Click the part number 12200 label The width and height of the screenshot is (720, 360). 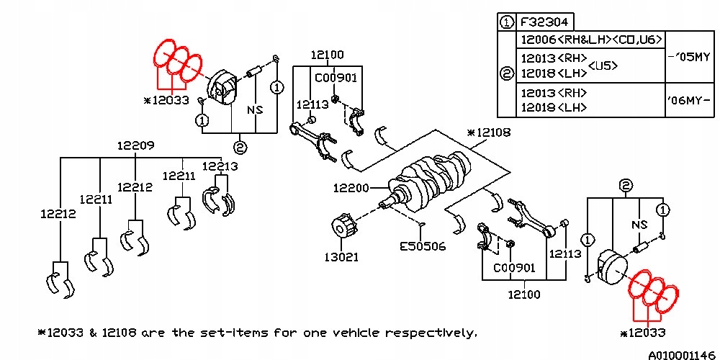[351, 188]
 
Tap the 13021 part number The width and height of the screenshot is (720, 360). [341, 257]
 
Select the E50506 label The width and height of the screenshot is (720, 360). [423, 246]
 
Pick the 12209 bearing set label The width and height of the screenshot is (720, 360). [136, 145]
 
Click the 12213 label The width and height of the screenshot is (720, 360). [220, 166]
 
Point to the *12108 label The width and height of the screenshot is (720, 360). [489, 133]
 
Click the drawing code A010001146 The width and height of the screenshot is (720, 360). [682, 354]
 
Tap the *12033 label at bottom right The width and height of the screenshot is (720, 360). [642, 333]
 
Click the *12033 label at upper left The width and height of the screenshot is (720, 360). [167, 100]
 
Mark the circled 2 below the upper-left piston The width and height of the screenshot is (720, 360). [240, 147]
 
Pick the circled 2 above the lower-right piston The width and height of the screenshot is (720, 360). [626, 186]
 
